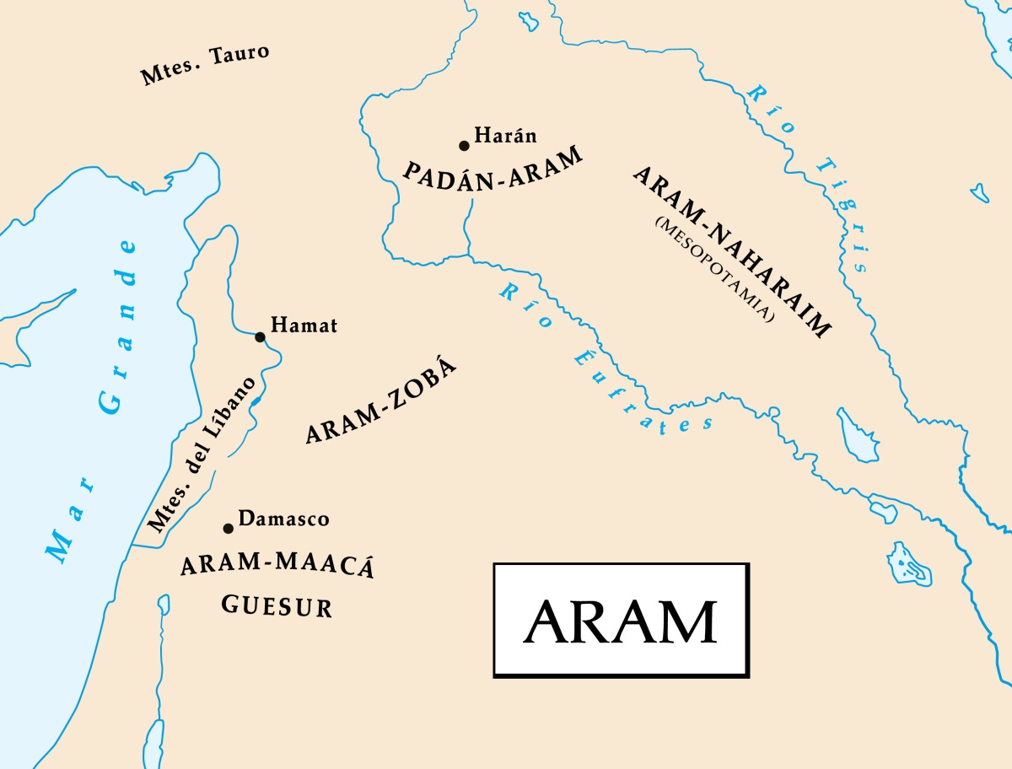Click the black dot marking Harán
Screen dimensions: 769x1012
(464, 146)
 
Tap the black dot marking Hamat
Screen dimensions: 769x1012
(260, 337)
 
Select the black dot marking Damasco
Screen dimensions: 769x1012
(228, 529)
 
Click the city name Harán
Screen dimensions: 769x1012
(505, 135)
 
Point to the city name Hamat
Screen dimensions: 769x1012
(304, 325)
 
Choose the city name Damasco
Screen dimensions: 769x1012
(283, 519)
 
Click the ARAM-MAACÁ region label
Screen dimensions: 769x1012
(277, 567)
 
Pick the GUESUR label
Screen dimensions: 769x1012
(277, 605)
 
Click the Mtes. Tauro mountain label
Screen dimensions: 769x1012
(205, 65)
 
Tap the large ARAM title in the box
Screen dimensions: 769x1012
(620, 621)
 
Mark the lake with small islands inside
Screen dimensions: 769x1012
(909, 564)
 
